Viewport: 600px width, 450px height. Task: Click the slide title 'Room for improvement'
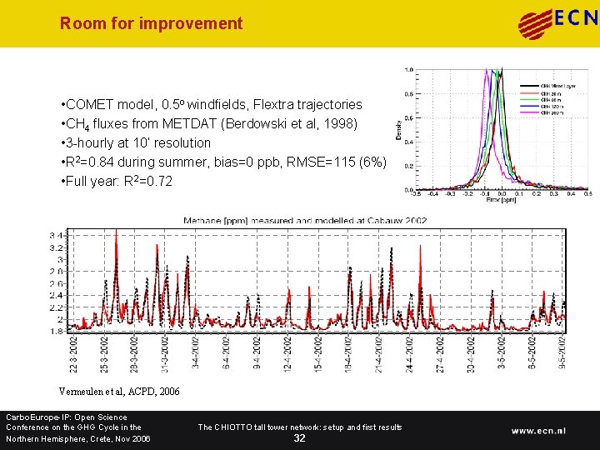(151, 23)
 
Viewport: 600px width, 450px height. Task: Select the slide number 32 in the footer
(299, 438)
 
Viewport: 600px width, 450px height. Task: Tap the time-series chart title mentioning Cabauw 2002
(306, 220)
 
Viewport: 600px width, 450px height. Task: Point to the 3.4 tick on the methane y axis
(55, 235)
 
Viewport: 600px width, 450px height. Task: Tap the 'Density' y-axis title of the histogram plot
(397, 128)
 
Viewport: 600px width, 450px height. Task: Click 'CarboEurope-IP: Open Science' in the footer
(67, 417)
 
